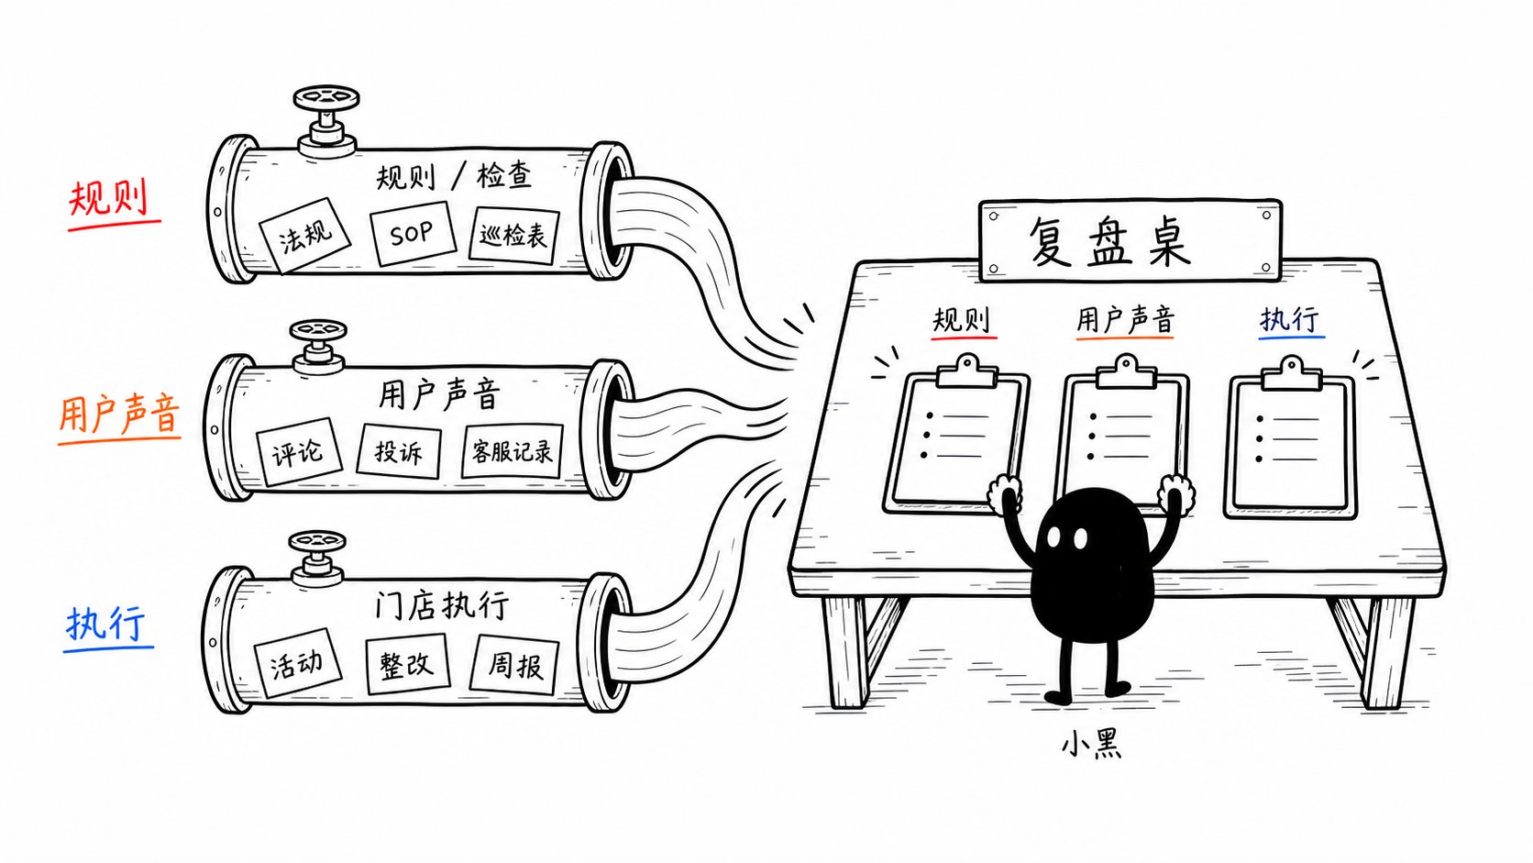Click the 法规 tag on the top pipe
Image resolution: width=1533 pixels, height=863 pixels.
click(304, 236)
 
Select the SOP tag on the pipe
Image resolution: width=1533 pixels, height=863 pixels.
click(413, 233)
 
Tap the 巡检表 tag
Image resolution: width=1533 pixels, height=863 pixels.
click(514, 236)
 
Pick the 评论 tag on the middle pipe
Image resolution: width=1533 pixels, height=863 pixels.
click(298, 452)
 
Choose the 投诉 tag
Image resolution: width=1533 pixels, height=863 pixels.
click(399, 452)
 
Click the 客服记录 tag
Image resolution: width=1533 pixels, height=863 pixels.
click(513, 452)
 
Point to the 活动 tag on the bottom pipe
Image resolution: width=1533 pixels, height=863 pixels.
click(298, 662)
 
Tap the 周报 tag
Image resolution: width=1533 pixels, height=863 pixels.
click(514, 665)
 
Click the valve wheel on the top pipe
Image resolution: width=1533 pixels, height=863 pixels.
click(326, 98)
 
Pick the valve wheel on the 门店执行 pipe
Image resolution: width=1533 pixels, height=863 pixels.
click(317, 542)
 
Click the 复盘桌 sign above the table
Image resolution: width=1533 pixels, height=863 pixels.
click(1130, 240)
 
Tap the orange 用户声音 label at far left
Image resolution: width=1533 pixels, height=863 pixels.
click(119, 414)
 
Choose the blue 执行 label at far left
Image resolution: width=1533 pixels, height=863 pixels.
click(106, 624)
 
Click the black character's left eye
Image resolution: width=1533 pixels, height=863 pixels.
click(1054, 538)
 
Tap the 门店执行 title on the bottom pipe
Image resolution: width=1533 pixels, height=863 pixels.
click(442, 605)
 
